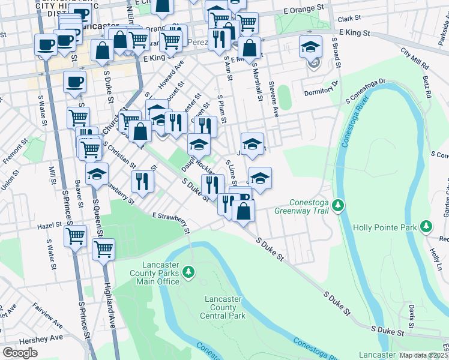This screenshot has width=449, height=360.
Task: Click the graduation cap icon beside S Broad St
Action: coord(310,46)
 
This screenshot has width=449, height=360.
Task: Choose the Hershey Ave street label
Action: coord(48,338)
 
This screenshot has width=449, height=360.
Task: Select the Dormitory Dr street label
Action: coord(321,90)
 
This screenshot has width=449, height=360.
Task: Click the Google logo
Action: coord(20,353)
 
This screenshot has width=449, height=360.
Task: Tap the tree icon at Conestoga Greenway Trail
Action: coord(339,206)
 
